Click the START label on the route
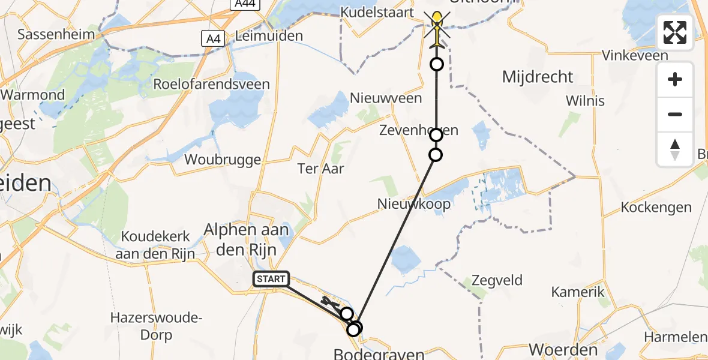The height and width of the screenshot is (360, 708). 271,279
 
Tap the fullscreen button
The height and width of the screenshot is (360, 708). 675,32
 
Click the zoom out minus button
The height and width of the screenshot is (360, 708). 675,114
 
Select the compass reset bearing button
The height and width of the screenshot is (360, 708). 675,149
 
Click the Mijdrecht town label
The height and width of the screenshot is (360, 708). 538,77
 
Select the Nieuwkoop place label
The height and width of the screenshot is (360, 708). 414,204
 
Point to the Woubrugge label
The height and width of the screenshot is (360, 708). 223,160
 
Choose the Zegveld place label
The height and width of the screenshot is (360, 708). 497,280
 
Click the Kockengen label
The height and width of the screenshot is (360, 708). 656,208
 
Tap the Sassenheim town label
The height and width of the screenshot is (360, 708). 56,34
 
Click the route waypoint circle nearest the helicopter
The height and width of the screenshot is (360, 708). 437,64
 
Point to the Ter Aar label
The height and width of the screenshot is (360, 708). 321,169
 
